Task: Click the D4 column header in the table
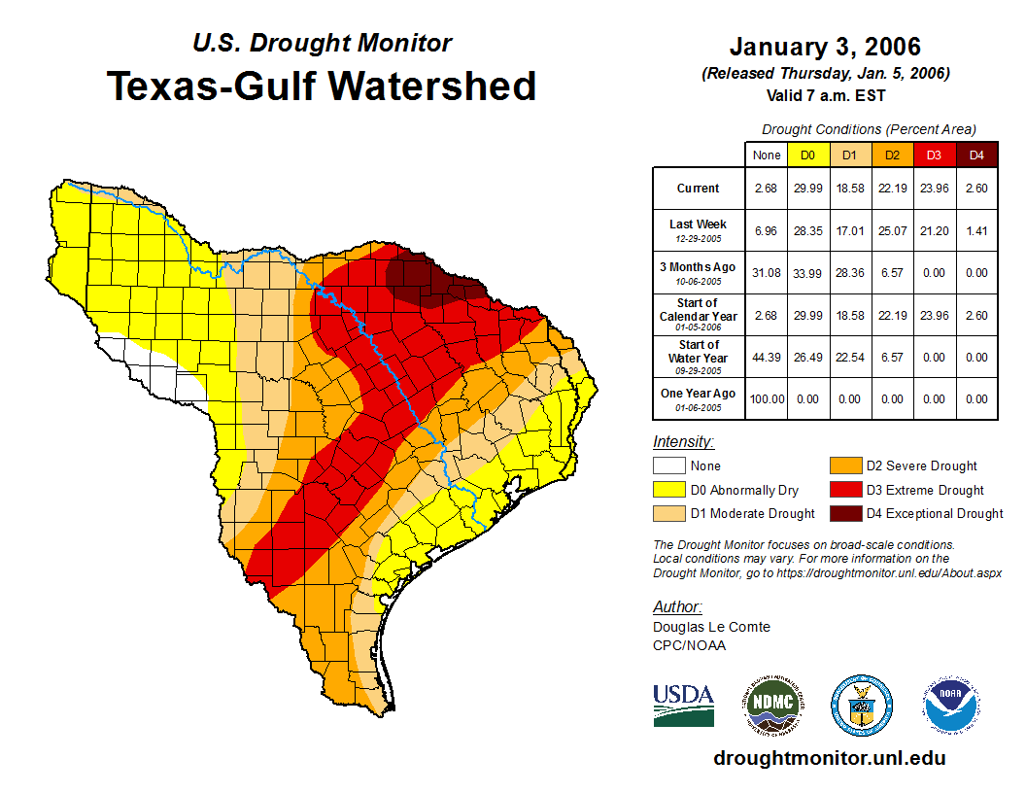(x=976, y=155)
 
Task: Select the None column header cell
(x=766, y=155)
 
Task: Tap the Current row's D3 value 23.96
(x=935, y=189)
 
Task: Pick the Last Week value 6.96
(x=766, y=231)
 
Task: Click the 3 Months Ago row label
(x=698, y=272)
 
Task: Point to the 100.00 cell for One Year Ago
(x=766, y=398)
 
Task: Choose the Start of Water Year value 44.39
(x=766, y=357)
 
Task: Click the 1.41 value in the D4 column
(x=976, y=231)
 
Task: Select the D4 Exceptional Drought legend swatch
(x=845, y=513)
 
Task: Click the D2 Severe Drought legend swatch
(x=845, y=466)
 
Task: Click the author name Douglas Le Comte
(x=711, y=627)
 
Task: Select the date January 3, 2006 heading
(x=824, y=47)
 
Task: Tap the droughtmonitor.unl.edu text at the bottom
(x=829, y=758)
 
